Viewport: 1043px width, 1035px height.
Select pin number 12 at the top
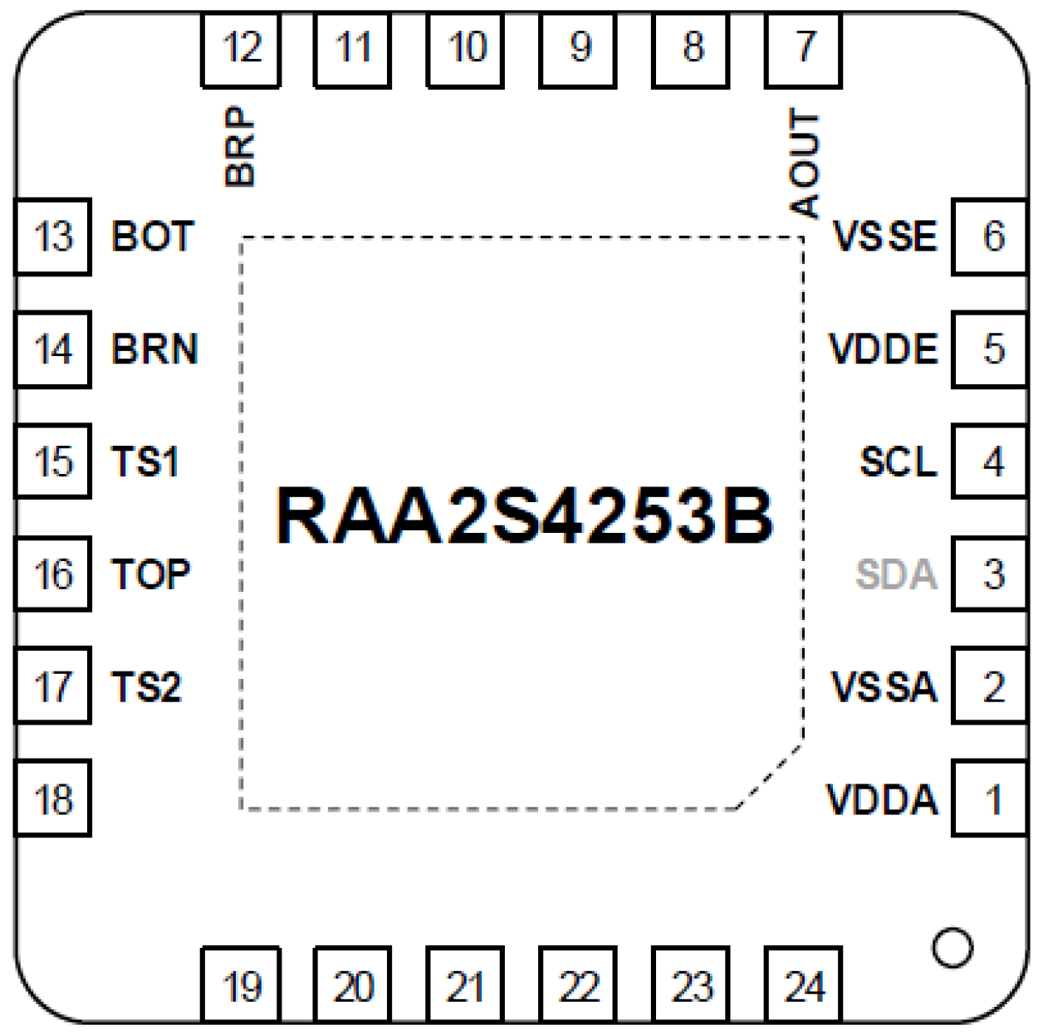pyautogui.click(x=241, y=48)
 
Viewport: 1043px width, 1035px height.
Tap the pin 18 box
pyautogui.click(x=53, y=798)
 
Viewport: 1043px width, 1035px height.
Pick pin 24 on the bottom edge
pyautogui.click(x=804, y=986)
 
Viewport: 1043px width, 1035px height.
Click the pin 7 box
pyautogui.click(x=804, y=48)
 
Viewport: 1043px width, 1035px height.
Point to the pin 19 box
pyautogui.click(x=241, y=986)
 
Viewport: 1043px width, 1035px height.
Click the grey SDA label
pyautogui.click(x=897, y=574)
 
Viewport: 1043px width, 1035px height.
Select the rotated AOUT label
pyautogui.click(x=804, y=164)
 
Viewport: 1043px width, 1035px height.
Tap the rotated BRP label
pyautogui.click(x=240, y=146)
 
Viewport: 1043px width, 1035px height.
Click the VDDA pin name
pyautogui.click(x=882, y=800)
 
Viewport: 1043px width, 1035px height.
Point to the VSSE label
pyautogui.click(x=885, y=237)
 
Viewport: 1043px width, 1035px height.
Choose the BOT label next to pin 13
pyautogui.click(x=153, y=237)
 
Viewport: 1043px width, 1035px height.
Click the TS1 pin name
pyautogui.click(x=145, y=461)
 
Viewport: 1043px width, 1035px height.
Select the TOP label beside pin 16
pyautogui.click(x=151, y=574)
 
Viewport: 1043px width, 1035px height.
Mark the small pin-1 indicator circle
pyautogui.click(x=952, y=947)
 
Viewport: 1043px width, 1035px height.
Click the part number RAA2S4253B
pyautogui.click(x=525, y=516)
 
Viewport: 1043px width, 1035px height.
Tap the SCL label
pyautogui.click(x=899, y=461)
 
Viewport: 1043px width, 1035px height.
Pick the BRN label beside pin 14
pyautogui.click(x=154, y=349)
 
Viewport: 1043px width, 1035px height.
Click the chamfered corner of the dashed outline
pyautogui.click(x=770, y=776)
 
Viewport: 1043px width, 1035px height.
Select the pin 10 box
pyautogui.click(x=466, y=48)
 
